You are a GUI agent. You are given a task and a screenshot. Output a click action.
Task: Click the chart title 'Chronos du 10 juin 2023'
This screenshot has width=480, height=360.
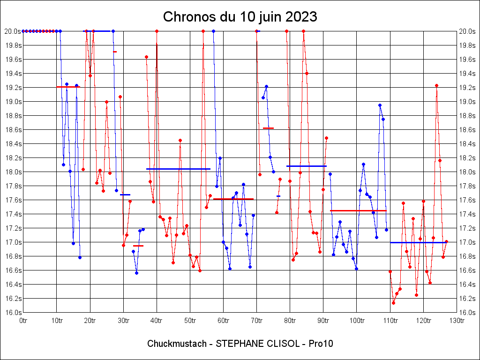[x=240, y=17]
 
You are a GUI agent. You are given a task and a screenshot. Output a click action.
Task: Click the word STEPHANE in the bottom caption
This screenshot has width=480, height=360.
[x=239, y=344]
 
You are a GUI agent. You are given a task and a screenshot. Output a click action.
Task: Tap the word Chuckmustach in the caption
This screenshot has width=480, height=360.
[x=177, y=344]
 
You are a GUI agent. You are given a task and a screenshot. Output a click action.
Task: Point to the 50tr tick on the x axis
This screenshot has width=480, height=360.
[x=190, y=321]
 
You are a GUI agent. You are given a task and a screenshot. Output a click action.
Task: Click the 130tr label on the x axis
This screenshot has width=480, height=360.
[x=457, y=321]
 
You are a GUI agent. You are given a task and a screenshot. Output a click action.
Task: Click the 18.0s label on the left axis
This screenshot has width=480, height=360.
[x=13, y=172]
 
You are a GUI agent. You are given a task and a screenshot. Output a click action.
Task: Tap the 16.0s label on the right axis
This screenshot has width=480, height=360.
[x=467, y=313]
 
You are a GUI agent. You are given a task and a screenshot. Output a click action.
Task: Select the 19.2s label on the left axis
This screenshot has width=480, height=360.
[x=13, y=88]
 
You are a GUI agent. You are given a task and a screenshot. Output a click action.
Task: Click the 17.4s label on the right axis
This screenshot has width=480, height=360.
[x=467, y=214]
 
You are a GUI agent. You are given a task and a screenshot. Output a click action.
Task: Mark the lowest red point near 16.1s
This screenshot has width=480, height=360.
[x=393, y=303]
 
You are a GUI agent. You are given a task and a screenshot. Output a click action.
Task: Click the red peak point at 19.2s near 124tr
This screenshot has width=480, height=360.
[x=436, y=85]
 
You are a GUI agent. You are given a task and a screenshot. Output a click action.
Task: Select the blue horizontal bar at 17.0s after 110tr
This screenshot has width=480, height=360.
[x=418, y=242]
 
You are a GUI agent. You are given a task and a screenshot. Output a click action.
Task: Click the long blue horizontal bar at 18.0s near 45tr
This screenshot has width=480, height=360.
[x=178, y=169]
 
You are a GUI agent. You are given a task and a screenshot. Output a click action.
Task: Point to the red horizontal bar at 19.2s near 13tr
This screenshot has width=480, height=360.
[x=68, y=87]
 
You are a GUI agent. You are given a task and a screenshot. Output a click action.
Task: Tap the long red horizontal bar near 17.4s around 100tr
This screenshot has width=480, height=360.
[x=358, y=211]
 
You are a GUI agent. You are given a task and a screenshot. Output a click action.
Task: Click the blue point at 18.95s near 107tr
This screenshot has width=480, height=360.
[x=380, y=105]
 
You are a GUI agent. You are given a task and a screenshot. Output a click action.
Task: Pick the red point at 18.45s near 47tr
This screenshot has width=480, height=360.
[x=180, y=140]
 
